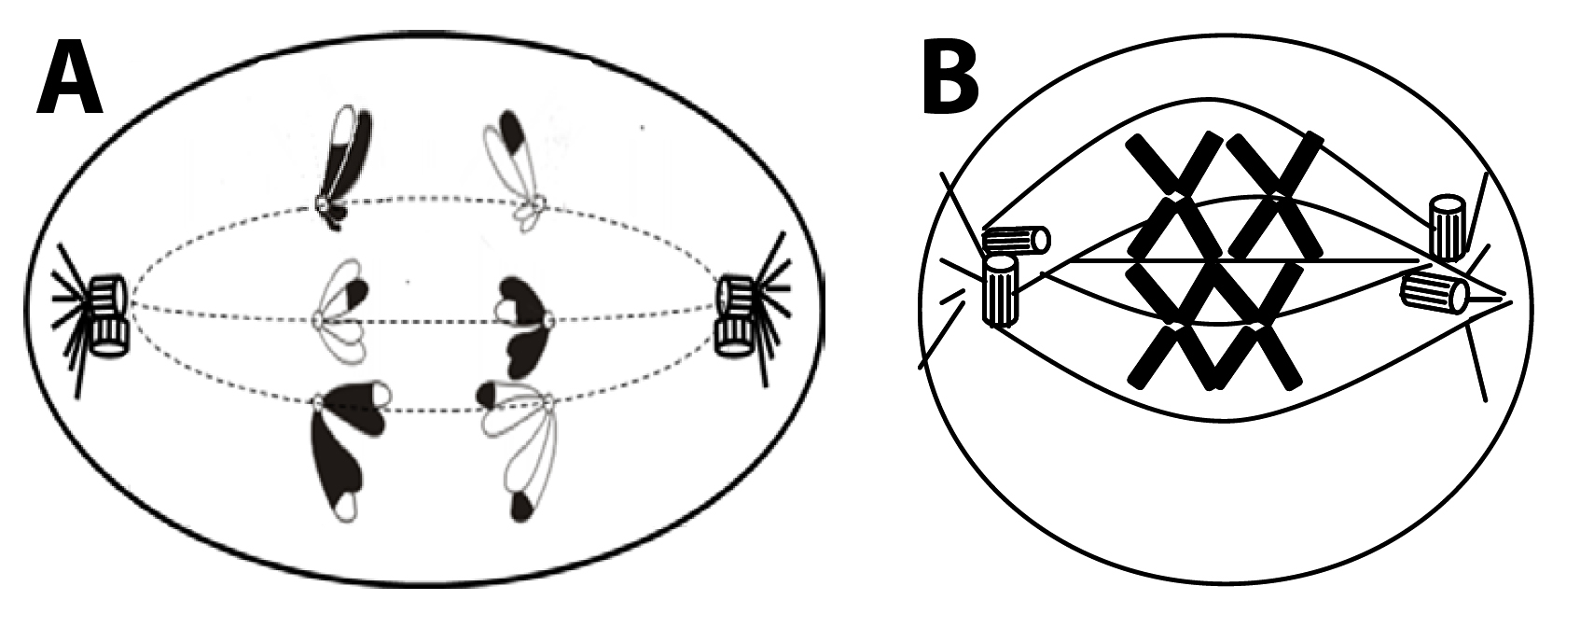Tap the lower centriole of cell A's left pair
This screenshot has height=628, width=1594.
(110, 336)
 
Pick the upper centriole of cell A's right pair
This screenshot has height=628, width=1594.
(736, 293)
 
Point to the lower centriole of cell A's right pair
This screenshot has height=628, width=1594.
(734, 336)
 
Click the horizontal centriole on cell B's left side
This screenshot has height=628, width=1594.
(1016, 241)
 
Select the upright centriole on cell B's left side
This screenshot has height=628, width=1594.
(1002, 291)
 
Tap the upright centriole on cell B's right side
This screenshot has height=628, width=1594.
(1448, 228)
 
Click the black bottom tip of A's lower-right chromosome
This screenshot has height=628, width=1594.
(524, 506)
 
